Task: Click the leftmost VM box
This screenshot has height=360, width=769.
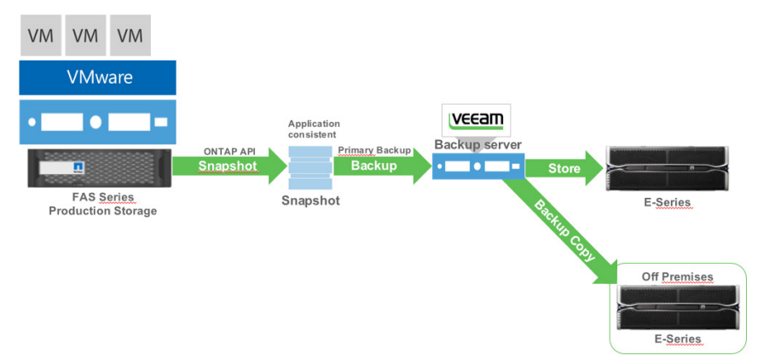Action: [41, 35]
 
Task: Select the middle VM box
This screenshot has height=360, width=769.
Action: [85, 35]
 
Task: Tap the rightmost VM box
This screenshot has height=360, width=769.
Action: [130, 35]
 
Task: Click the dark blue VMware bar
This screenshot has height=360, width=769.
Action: [97, 78]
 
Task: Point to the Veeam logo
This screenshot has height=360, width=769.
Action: [476, 120]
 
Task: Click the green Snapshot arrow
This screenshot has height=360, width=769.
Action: [229, 165]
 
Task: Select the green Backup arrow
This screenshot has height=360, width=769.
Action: [383, 165]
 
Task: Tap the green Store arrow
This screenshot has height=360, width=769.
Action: [564, 168]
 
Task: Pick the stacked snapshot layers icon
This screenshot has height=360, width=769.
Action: [310, 166]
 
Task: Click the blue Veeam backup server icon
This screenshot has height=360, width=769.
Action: [478, 165]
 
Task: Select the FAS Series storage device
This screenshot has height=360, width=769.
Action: [100, 168]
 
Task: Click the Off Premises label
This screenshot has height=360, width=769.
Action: [677, 277]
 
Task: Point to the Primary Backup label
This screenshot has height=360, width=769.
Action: [374, 151]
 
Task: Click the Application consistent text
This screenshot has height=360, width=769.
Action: [314, 129]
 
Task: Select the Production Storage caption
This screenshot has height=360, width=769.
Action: [102, 212]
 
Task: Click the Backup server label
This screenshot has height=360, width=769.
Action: [478, 145]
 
